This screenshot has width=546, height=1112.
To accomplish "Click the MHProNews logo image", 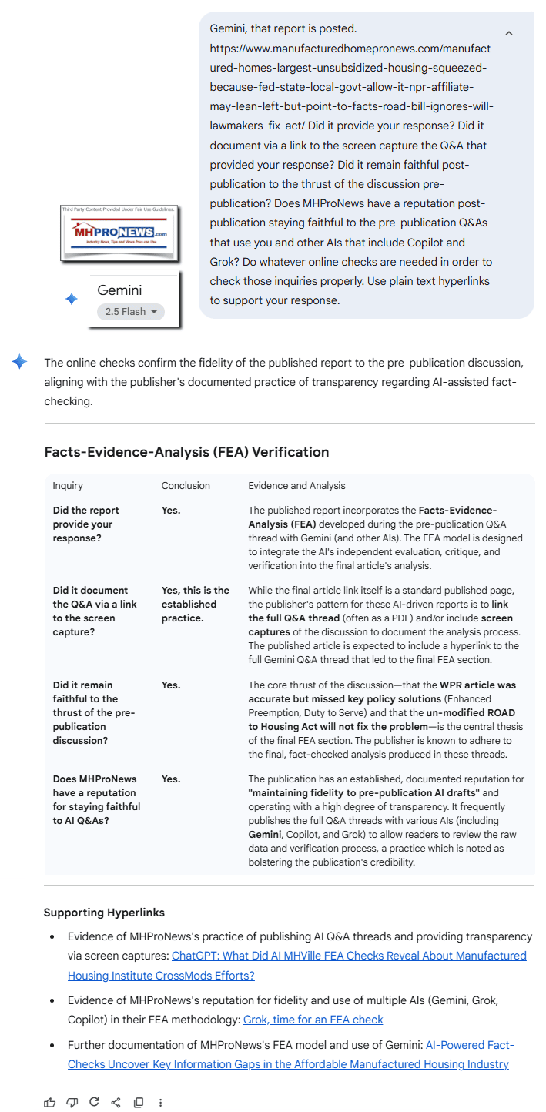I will click(x=119, y=232).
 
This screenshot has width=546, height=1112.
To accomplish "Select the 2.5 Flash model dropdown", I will click(x=131, y=311).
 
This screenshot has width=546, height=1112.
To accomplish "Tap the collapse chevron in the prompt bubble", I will click(x=508, y=33).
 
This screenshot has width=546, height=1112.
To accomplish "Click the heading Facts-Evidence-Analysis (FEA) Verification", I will click(x=186, y=452).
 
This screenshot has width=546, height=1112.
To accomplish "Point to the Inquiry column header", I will click(x=68, y=486).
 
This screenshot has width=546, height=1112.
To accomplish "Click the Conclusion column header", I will click(x=186, y=486).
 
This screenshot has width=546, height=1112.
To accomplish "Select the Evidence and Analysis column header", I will click(x=296, y=486).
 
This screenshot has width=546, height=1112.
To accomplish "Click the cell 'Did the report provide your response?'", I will click(x=86, y=524).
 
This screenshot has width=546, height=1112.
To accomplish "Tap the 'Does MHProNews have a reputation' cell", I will click(x=96, y=806).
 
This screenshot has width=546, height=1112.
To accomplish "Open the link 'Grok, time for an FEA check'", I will click(x=313, y=1020).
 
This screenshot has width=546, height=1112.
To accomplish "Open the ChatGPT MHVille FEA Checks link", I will click(x=297, y=966).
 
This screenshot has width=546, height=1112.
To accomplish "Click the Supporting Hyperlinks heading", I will click(x=103, y=913).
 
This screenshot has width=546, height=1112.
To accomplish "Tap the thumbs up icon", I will click(x=50, y=1102).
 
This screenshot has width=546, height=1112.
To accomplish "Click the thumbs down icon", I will click(x=72, y=1102).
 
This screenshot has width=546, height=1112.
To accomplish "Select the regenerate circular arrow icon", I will click(x=94, y=1102).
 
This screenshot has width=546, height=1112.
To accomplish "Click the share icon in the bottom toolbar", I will click(x=116, y=1102).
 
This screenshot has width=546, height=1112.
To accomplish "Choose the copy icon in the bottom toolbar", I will click(x=139, y=1102).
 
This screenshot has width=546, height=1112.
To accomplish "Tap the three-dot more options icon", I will click(x=160, y=1102).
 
